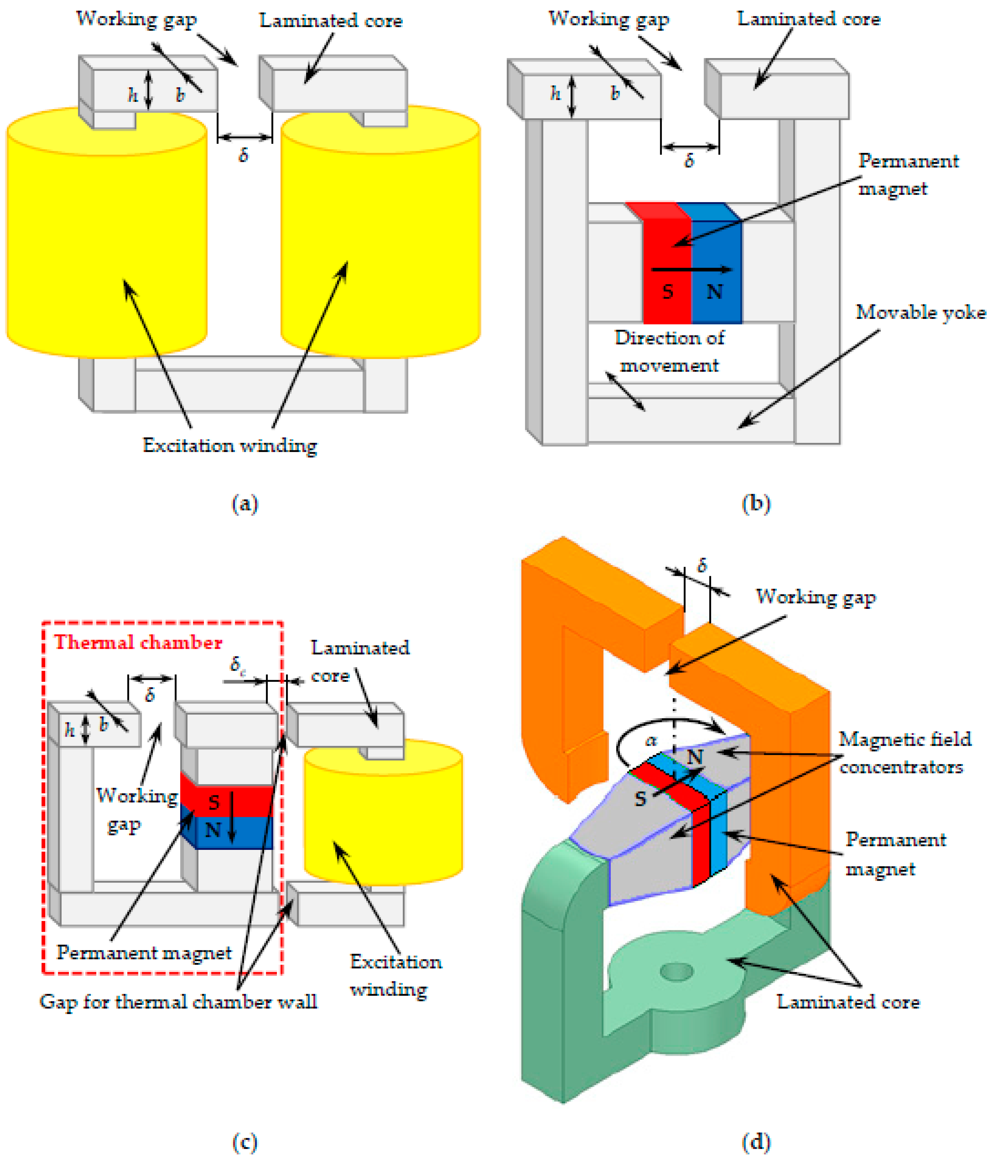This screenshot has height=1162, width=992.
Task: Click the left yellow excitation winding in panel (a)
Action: tap(107, 235)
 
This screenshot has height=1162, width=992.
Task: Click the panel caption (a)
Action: tap(245, 503)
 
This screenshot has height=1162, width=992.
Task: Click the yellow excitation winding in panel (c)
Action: tap(383, 813)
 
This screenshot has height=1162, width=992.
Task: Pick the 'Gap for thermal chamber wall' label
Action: tap(178, 1002)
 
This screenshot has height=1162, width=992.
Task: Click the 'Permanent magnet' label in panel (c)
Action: tap(144, 952)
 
